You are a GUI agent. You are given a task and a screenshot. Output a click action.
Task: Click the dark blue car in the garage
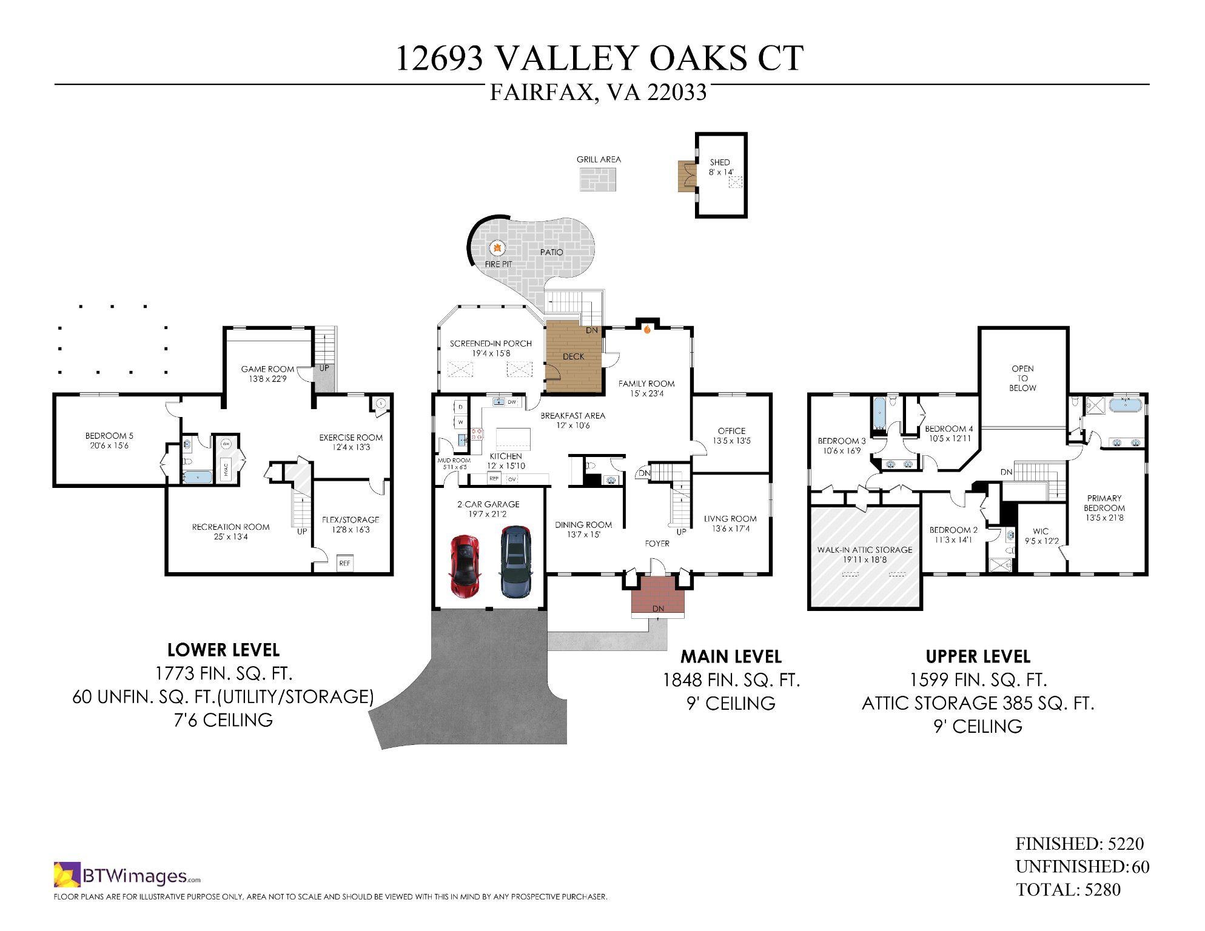[516, 562]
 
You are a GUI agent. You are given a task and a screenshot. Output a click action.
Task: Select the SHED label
[720, 162]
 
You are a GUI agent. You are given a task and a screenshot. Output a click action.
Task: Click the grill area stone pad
[598, 179]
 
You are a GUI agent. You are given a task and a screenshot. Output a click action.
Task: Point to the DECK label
[573, 356]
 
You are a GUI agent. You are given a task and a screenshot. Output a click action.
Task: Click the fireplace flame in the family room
[647, 330]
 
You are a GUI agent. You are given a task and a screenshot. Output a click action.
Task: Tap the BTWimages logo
[127, 875]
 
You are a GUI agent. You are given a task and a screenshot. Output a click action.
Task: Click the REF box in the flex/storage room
[344, 563]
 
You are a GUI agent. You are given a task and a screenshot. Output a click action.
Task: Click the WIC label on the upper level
[1041, 532]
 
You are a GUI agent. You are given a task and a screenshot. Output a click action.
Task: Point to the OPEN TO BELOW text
[1022, 378]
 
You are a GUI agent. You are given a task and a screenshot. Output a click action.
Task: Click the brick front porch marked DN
[658, 596]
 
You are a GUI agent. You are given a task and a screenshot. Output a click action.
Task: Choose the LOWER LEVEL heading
[223, 650]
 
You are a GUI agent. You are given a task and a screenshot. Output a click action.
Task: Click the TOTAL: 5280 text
[1069, 890]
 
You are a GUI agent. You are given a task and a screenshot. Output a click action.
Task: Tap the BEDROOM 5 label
[109, 436]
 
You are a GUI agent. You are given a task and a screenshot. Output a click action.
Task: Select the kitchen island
[513, 438]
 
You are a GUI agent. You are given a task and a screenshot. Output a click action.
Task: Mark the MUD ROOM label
[454, 461]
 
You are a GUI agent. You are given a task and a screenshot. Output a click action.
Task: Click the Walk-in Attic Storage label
[864, 550]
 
